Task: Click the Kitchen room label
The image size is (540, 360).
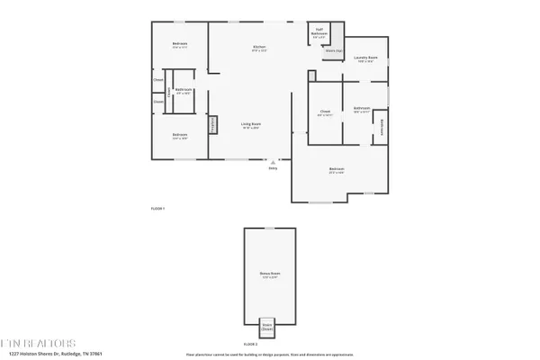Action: click(x=259, y=48)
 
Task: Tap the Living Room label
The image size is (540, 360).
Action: click(x=251, y=126)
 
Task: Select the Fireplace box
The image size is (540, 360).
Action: click(x=214, y=125)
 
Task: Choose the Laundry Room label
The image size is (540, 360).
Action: click(x=365, y=59)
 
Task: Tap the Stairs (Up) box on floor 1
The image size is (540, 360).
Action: click(x=333, y=51)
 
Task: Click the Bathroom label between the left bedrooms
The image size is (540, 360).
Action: click(x=184, y=91)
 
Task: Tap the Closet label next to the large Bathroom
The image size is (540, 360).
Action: click(x=326, y=113)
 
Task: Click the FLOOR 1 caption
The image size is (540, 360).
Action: click(x=157, y=209)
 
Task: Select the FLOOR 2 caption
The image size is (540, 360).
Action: click(x=251, y=344)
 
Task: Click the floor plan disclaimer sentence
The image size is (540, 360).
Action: click(x=270, y=355)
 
